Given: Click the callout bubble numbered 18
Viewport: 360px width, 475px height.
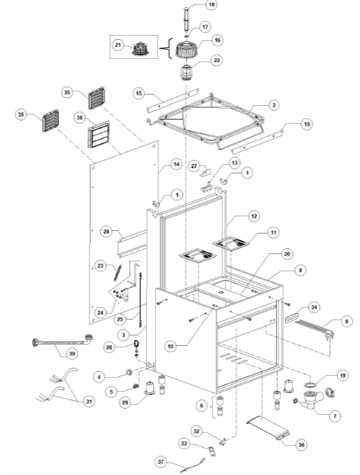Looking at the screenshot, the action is (211, 5).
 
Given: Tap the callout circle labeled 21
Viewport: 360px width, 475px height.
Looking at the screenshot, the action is (118, 46).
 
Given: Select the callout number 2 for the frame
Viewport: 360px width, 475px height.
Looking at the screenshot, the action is (274, 105).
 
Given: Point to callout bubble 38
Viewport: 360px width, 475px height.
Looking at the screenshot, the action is (79, 117).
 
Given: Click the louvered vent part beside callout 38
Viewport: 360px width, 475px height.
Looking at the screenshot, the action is (99, 135).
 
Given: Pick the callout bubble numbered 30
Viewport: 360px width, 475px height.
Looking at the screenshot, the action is (72, 353).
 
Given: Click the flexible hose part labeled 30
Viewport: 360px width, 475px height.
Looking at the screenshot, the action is (62, 341).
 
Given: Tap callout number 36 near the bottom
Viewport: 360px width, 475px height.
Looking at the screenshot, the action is (301, 445).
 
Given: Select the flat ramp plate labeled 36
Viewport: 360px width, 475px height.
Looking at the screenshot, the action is (267, 427).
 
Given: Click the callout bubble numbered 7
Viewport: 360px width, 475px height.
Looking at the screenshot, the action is (335, 416).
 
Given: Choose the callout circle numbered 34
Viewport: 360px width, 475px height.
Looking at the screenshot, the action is (314, 307).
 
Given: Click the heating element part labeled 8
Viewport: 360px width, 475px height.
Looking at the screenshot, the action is (314, 328).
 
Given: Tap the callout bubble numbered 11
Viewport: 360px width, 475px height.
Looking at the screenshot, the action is (273, 232).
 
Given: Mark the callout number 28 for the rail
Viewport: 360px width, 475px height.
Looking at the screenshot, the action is (106, 232).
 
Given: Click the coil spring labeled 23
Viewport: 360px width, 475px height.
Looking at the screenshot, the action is (118, 273).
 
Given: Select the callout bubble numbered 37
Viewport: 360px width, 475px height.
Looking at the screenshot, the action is (161, 462).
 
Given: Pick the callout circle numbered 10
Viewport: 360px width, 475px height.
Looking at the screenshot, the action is (171, 346).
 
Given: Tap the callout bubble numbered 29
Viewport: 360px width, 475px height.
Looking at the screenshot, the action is (125, 403).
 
